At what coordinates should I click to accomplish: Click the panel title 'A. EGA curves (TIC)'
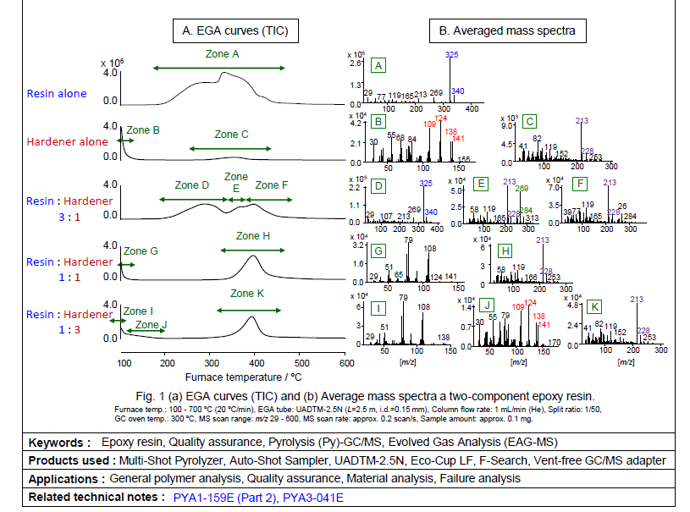tap(235, 31)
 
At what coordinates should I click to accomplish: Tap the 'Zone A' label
tap(223, 53)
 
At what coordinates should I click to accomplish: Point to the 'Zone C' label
tap(231, 135)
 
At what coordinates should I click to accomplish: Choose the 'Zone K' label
tap(248, 295)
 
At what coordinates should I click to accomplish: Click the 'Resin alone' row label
tap(57, 94)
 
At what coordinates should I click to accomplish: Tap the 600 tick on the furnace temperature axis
tap(346, 363)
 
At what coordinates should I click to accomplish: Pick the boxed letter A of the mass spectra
tap(378, 65)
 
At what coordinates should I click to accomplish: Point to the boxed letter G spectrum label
tap(378, 250)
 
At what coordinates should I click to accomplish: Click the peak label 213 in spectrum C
tap(582, 122)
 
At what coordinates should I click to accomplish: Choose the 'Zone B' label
tap(143, 130)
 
